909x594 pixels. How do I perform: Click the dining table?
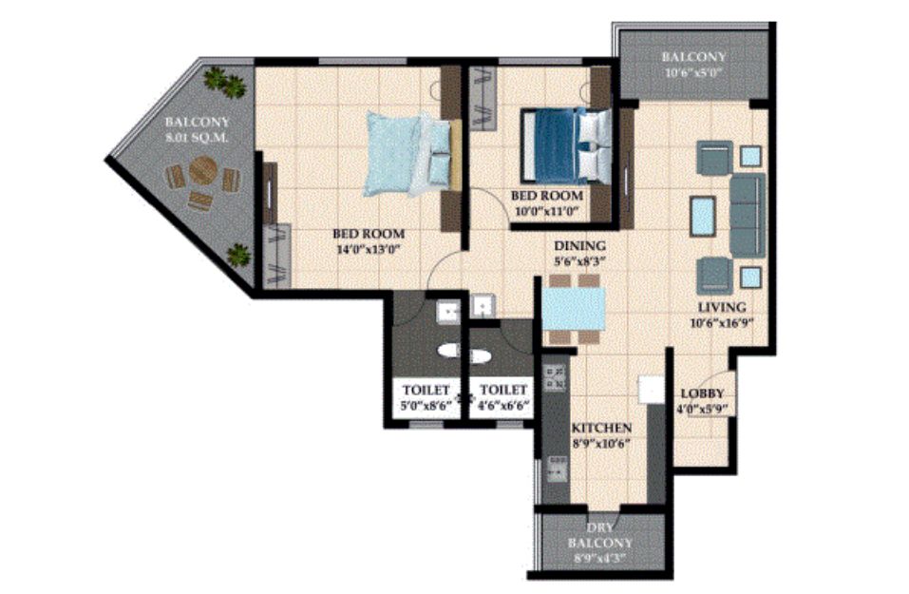pos(574,309)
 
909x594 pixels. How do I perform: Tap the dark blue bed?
pos(565,145)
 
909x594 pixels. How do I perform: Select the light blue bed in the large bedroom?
pos(408,154)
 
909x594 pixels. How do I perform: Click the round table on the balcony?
pos(203,170)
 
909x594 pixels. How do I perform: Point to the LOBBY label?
pos(702,393)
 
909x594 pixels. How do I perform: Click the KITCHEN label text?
pos(602,428)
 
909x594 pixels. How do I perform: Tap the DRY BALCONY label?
pos(600,536)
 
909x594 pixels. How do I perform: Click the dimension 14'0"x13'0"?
pos(369,250)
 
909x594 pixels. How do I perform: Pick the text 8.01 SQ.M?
pos(198,138)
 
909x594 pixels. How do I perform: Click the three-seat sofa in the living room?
pos(748,215)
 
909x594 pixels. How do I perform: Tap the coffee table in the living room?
pos(703,215)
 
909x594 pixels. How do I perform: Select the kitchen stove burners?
pos(554,377)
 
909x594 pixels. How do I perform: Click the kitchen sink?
pos(558,469)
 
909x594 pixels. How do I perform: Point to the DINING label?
pos(579,246)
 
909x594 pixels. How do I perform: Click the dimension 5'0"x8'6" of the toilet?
pos(426,406)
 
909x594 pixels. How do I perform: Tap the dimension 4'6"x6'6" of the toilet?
pos(503,406)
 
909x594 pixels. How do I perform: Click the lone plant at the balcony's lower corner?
pos(238,256)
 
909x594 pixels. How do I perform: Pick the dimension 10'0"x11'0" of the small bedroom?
pos(547,211)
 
